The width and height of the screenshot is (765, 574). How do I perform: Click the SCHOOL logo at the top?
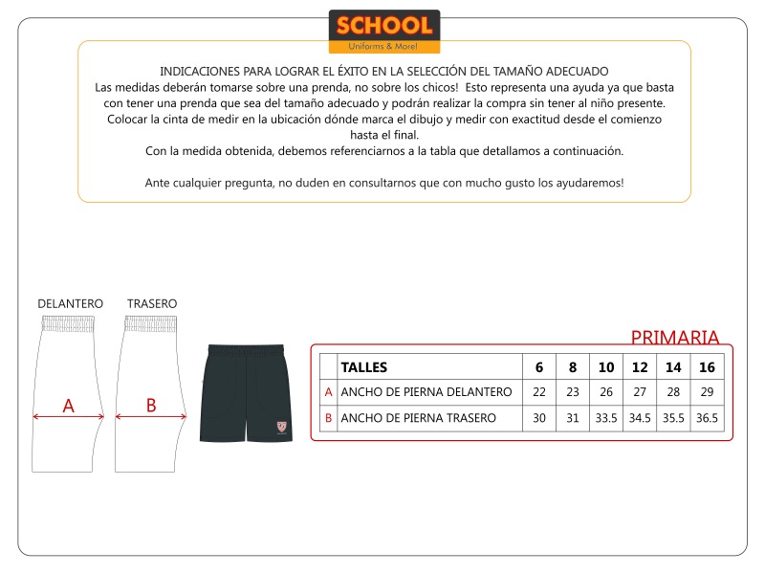click(x=383, y=31)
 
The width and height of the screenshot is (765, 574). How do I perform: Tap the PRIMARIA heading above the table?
click(x=674, y=337)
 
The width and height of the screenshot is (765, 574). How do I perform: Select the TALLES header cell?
click(x=364, y=367)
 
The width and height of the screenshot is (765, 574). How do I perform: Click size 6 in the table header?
click(x=539, y=367)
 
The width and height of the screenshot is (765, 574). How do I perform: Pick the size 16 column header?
click(x=707, y=367)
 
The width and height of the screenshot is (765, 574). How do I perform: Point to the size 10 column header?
click(x=606, y=367)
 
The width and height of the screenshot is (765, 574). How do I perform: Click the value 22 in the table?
click(x=539, y=392)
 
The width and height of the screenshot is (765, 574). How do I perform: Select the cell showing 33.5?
click(x=606, y=418)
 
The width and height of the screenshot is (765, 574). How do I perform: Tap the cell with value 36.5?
click(x=707, y=418)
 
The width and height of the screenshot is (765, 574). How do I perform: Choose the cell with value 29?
click(x=707, y=392)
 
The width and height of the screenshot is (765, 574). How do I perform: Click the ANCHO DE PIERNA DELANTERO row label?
click(x=426, y=392)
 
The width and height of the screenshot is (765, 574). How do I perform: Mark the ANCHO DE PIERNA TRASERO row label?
click(x=419, y=418)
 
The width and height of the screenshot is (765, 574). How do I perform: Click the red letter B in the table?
click(x=329, y=418)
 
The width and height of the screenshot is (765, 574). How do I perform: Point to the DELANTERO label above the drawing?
click(x=70, y=303)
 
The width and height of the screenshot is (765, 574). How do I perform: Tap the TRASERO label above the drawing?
click(x=152, y=303)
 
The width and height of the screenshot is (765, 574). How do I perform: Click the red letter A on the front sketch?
click(x=68, y=406)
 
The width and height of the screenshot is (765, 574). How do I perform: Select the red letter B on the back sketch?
click(x=151, y=405)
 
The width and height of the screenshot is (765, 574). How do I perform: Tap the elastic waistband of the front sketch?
click(x=69, y=323)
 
